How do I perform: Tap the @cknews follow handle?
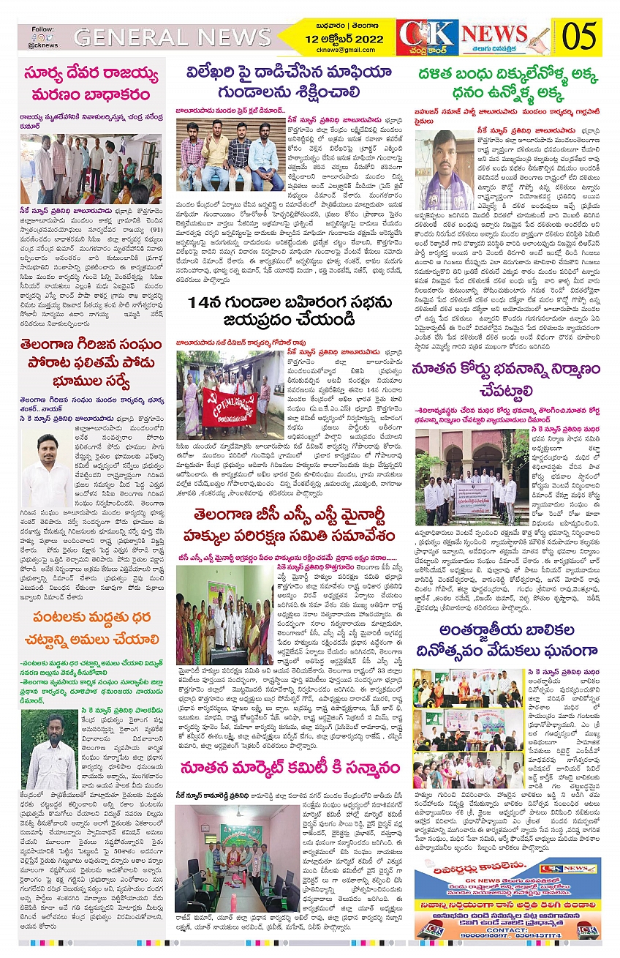[x=45, y=45]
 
